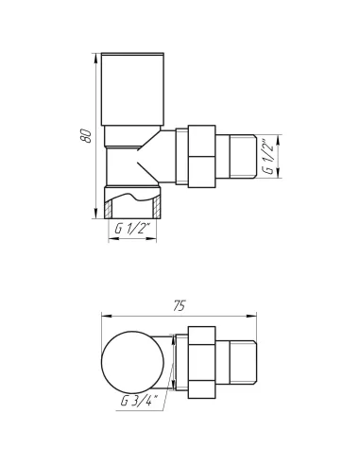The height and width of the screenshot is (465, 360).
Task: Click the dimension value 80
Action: click(x=87, y=135)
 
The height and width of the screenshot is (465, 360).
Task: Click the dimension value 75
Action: click(x=180, y=305)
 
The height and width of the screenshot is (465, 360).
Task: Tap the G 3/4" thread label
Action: click(x=139, y=402)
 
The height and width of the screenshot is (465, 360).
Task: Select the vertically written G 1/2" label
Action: click(x=268, y=156)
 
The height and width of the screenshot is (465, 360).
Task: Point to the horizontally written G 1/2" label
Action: click(x=133, y=228)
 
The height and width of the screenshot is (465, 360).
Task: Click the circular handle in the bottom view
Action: click(x=133, y=362)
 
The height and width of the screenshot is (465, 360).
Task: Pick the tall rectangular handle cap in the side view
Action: click(x=132, y=90)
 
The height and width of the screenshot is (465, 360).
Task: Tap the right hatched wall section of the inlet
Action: click(x=157, y=208)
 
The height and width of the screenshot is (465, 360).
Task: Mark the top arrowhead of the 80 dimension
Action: click(x=95, y=58)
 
